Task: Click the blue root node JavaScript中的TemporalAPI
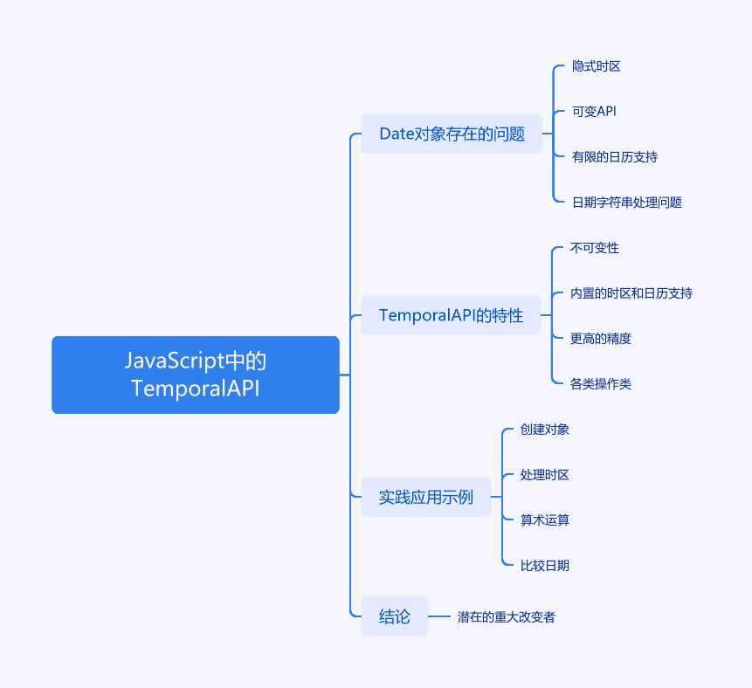click(196, 375)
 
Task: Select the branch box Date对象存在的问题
click(452, 134)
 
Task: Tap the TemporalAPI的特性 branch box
click(451, 315)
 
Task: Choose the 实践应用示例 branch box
click(426, 497)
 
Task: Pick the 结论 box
click(394, 616)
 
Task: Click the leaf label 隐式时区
click(597, 66)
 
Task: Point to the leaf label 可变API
click(594, 111)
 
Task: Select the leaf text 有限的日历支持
click(614, 157)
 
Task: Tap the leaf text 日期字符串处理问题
click(627, 203)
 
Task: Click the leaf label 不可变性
click(594, 248)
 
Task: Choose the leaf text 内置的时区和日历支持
click(631, 293)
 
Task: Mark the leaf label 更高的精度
click(600, 339)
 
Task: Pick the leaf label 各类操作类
click(600, 383)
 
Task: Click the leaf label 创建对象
click(544, 429)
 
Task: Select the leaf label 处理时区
click(544, 475)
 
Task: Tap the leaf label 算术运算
click(544, 519)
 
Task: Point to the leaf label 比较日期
click(544, 565)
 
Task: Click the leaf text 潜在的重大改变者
click(506, 616)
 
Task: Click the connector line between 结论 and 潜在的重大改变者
click(438, 616)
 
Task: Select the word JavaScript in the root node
click(175, 361)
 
